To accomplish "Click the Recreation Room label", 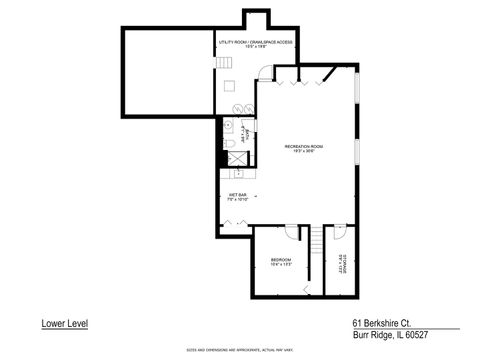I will (x=303, y=148).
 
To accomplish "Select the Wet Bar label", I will (x=237, y=198).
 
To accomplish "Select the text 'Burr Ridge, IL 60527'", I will (x=389, y=337).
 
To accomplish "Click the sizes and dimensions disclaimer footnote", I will (x=240, y=350).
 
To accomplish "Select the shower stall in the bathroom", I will (x=230, y=156).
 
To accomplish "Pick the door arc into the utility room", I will (x=263, y=73).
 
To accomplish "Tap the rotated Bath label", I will (x=246, y=129).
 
